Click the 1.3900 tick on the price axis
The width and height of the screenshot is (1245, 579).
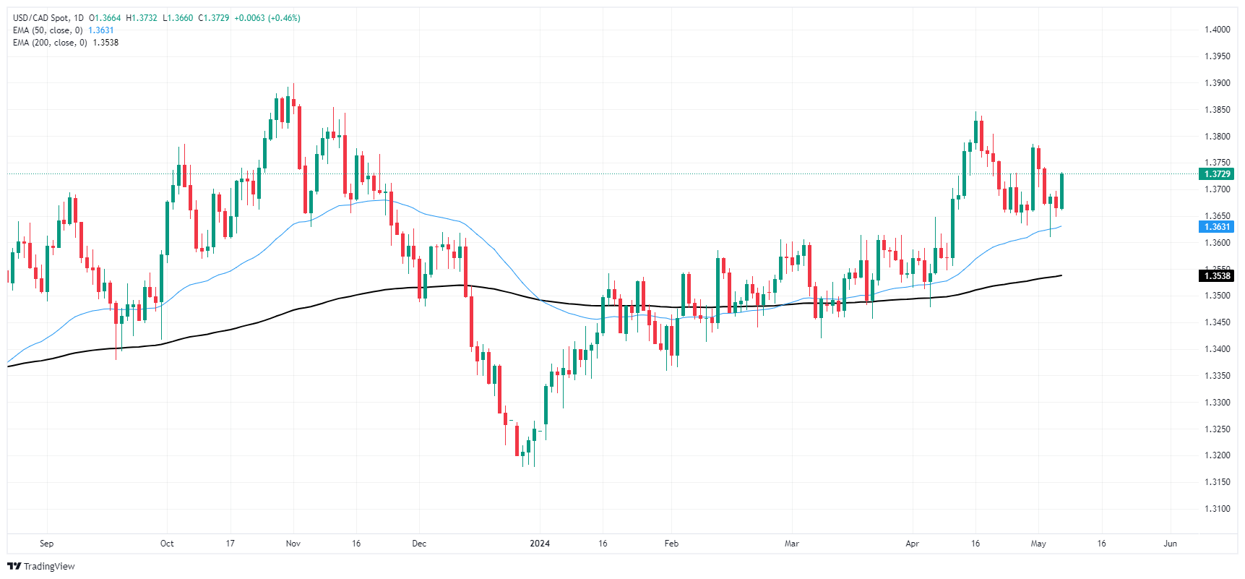(1217, 83)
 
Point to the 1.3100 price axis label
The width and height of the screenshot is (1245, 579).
(1217, 509)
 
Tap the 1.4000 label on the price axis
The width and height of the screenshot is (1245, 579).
(1217, 30)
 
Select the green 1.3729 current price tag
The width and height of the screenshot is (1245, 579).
(1217, 174)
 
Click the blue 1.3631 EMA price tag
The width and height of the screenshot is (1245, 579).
(1217, 227)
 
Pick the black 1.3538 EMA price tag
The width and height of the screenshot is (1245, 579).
(1217, 275)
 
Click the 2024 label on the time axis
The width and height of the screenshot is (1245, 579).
(540, 544)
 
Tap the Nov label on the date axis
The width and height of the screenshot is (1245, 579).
(293, 544)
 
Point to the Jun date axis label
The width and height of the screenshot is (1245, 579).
(1170, 544)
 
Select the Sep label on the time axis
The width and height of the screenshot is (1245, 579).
(46, 544)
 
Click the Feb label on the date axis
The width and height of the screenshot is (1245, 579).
(671, 544)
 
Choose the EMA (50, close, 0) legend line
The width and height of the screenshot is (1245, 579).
(48, 30)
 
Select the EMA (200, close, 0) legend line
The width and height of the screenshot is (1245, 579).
(50, 43)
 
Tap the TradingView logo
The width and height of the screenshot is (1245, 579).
(41, 566)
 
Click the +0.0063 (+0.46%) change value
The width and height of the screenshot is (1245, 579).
(267, 18)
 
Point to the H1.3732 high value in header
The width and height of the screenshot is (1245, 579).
(142, 18)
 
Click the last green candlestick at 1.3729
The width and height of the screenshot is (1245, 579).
(1061, 191)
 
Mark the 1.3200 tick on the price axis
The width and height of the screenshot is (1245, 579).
(1217, 455)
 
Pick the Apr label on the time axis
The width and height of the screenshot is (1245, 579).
(912, 544)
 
